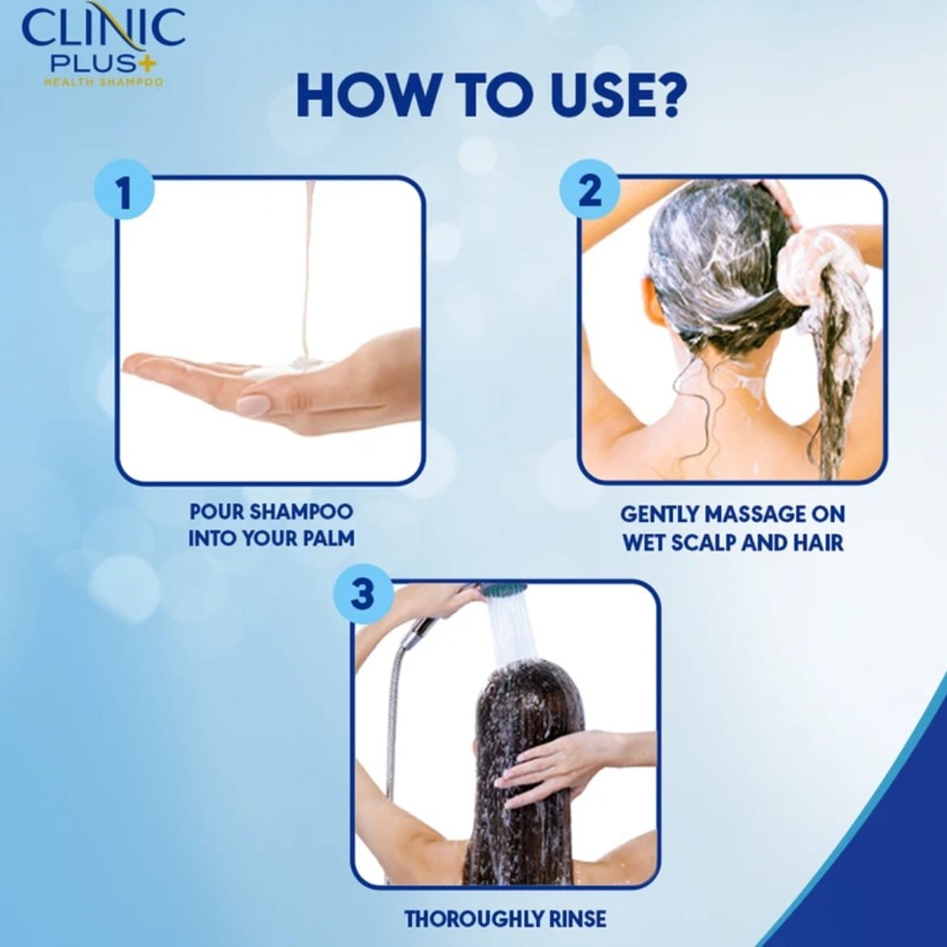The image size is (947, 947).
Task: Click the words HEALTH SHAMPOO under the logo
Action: [x=103, y=82]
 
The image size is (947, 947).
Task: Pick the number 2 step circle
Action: [x=590, y=189]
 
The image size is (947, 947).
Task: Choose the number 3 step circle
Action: [x=363, y=593]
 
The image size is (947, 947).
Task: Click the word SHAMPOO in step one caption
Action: [x=301, y=512]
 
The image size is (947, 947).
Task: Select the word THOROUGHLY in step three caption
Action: [x=476, y=920]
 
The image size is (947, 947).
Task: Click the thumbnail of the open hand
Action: [x=271, y=330]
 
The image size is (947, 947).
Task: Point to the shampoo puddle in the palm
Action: [x=289, y=368]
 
